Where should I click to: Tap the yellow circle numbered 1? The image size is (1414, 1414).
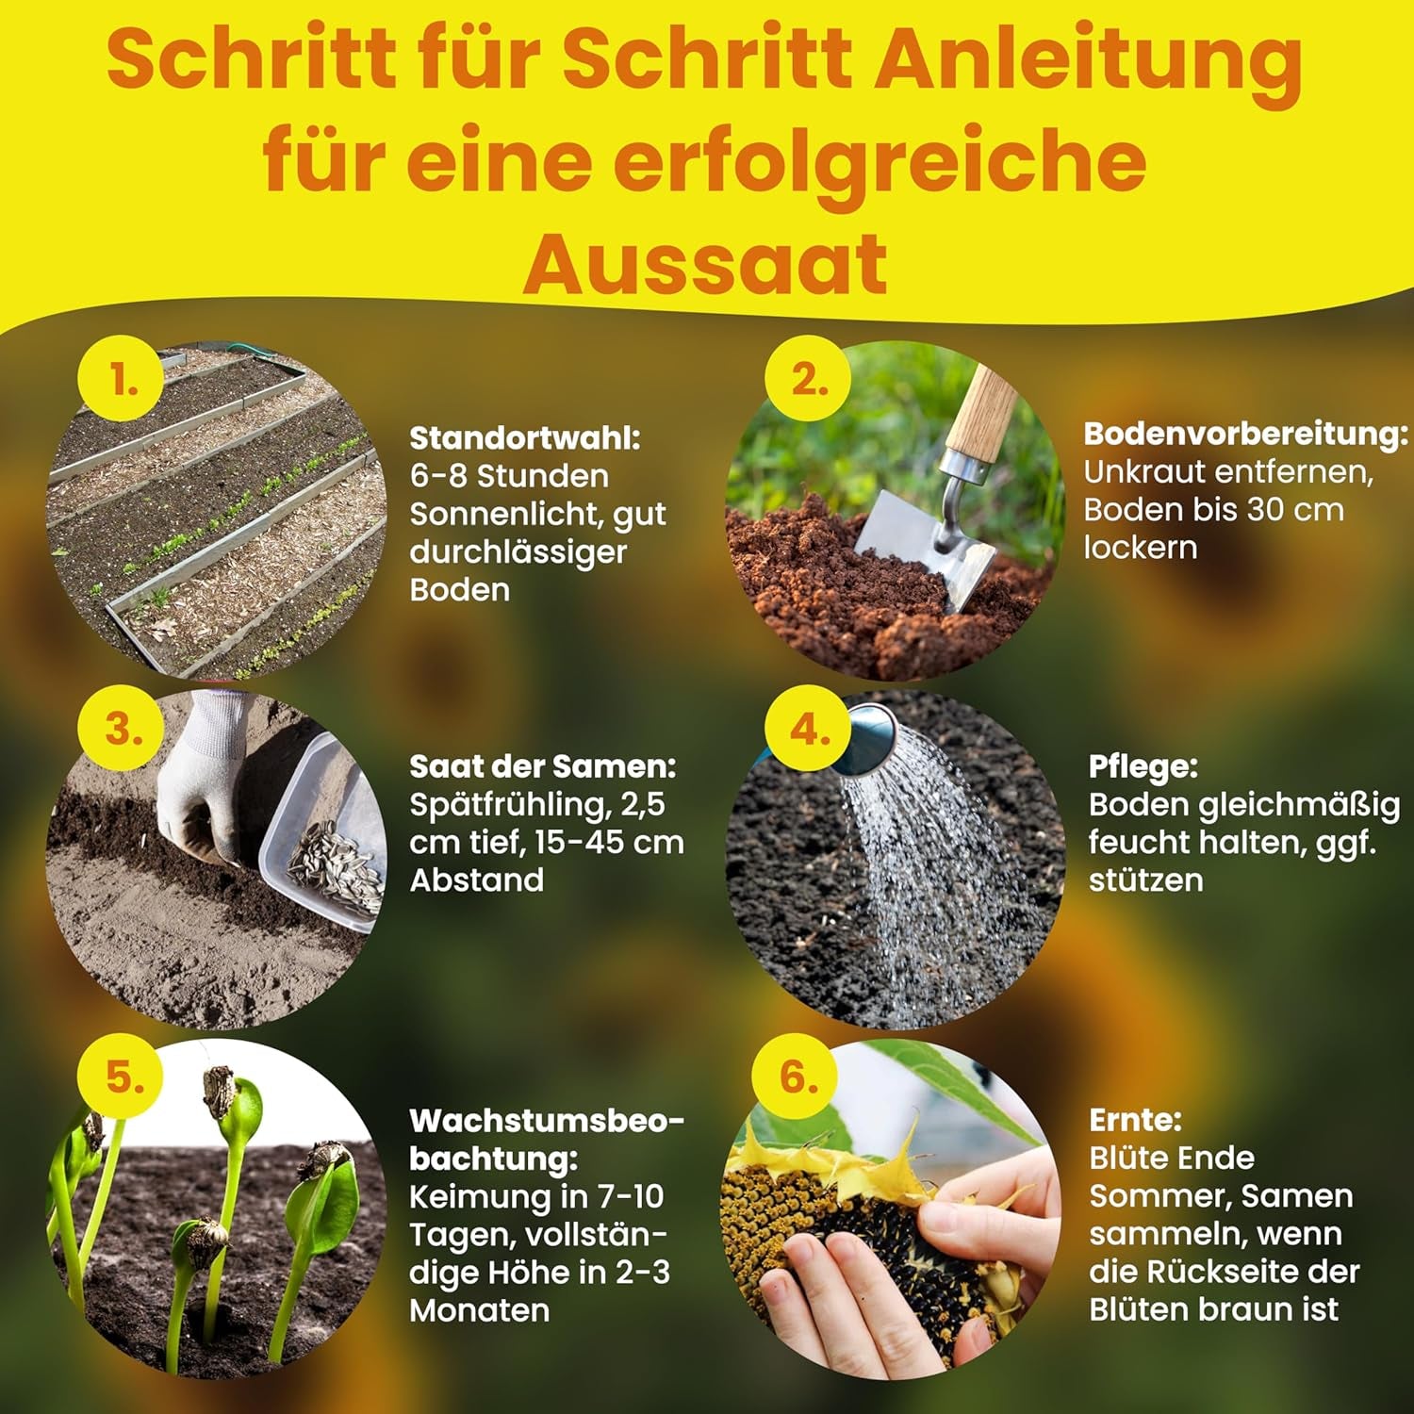pos(123,380)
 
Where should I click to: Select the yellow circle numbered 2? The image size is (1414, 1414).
pos(808,380)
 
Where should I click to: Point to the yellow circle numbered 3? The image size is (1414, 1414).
pos(123,729)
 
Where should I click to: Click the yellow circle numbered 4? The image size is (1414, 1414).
pos(808,729)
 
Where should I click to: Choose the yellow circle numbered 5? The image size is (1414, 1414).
pos(123,1076)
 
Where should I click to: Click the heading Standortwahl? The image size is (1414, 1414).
pos(525,438)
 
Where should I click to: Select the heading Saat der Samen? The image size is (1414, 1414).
pos(543,766)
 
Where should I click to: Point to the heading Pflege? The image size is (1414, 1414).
pos(1143,766)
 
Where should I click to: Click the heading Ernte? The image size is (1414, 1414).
pos(1135,1120)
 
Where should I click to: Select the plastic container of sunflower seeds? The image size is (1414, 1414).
pos(325,839)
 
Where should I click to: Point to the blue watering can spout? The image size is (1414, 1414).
pos(872,740)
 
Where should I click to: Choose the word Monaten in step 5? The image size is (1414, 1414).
pos(479,1310)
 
